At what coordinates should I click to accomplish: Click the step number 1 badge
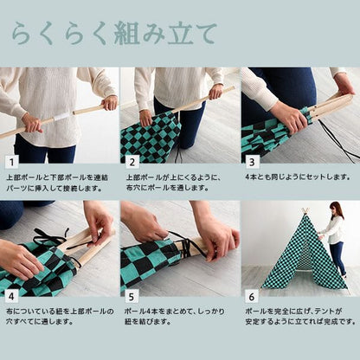click(11, 163)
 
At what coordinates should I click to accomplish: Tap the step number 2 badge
click(132, 163)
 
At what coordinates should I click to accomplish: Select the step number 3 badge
click(252, 163)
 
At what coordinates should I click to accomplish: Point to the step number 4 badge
click(11, 297)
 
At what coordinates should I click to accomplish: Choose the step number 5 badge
click(132, 297)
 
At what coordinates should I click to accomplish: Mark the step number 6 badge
click(252, 297)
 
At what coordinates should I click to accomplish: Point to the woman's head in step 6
click(336, 209)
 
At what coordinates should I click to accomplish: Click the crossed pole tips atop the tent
click(305, 210)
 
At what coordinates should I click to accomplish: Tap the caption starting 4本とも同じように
click(298, 177)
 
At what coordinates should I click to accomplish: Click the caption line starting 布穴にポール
click(167, 188)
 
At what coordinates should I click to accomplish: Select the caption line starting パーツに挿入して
click(55, 189)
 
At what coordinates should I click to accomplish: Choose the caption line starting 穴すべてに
click(40, 321)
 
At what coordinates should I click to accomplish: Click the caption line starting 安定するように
click(300, 321)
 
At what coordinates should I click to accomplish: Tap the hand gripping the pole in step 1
click(32, 124)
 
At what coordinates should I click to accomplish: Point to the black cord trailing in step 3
click(338, 141)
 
